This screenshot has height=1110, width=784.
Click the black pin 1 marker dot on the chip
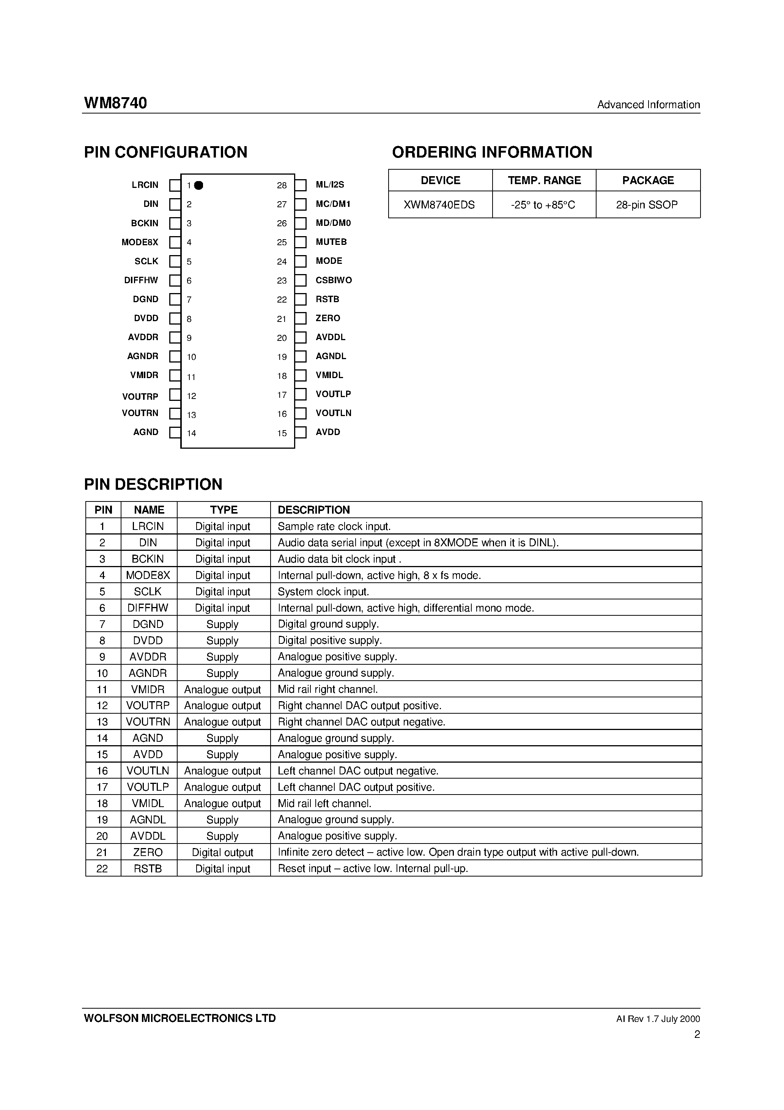199,185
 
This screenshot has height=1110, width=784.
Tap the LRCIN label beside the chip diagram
145,184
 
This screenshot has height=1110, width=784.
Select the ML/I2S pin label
330,184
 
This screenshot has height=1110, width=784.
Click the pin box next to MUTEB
301,242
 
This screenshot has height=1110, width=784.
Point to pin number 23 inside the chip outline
282,281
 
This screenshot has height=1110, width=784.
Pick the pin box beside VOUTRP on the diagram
175,395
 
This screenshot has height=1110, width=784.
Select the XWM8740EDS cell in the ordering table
439,205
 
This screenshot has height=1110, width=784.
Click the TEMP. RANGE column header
544,180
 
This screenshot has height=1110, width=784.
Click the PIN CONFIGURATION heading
165,152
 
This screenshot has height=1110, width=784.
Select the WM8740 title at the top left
115,103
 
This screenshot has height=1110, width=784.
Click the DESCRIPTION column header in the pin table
314,510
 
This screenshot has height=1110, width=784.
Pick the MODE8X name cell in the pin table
148,575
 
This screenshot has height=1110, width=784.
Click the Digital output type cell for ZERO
222,852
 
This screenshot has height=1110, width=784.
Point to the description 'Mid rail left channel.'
324,804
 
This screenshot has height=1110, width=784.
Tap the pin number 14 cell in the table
102,738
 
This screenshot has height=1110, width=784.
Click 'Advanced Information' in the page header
648,104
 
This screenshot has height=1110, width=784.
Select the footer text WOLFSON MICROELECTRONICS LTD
180,1018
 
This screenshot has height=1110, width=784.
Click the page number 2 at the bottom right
696,1034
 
